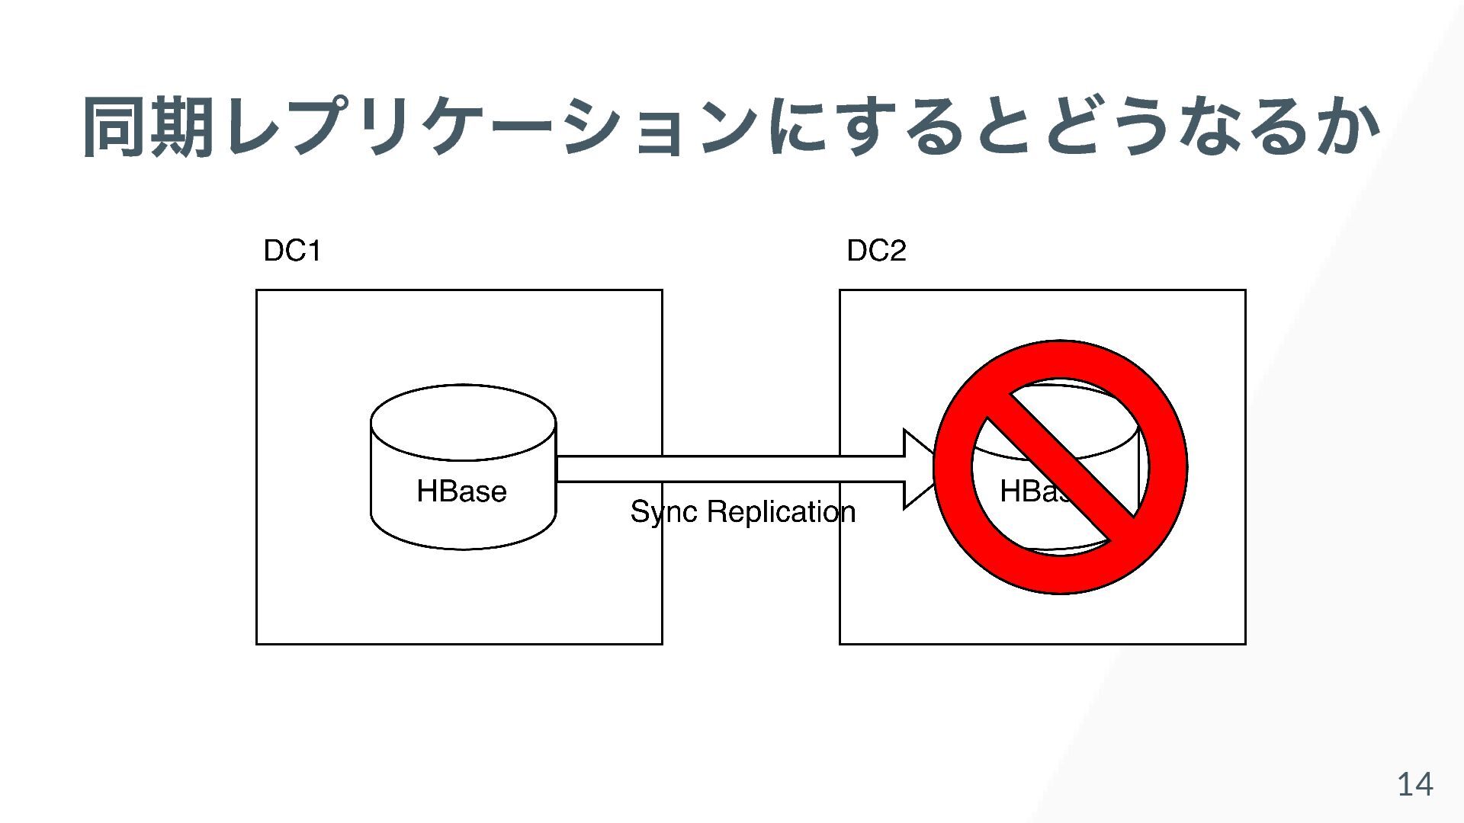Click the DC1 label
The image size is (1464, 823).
click(292, 251)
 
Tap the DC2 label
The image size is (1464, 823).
click(876, 251)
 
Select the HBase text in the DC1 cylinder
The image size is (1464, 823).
click(461, 492)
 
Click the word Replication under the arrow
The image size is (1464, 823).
click(781, 512)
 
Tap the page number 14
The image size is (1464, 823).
click(1414, 784)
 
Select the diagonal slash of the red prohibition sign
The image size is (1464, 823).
click(1061, 467)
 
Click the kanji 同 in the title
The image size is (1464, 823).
click(115, 127)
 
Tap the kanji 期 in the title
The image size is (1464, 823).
click(183, 127)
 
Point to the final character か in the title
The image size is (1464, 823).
click(1350, 127)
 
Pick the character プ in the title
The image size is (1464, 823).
click(321, 127)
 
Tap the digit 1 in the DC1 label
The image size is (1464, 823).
click(313, 251)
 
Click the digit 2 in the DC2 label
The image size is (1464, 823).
click(897, 251)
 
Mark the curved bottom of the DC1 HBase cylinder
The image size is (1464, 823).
click(463, 543)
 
